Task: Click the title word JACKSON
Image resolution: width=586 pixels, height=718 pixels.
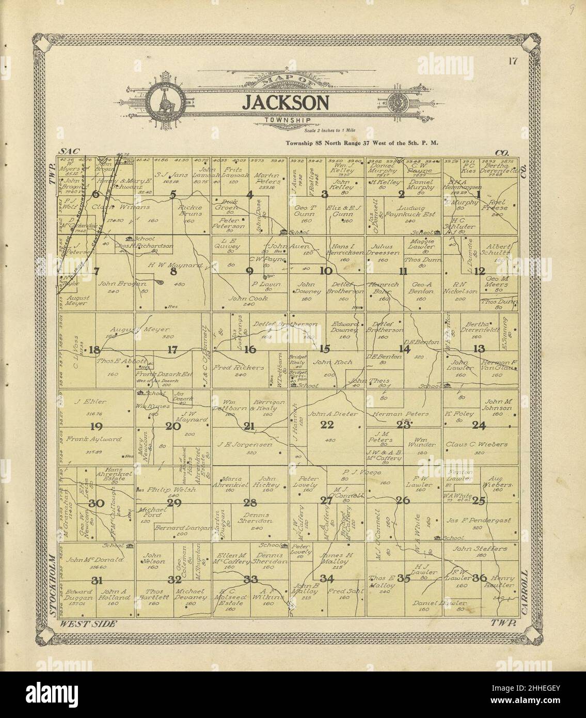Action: click(286, 102)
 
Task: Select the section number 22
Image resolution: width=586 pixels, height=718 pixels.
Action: click(327, 425)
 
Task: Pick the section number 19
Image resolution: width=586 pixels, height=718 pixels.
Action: click(96, 426)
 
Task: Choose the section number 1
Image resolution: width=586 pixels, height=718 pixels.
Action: click(479, 194)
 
